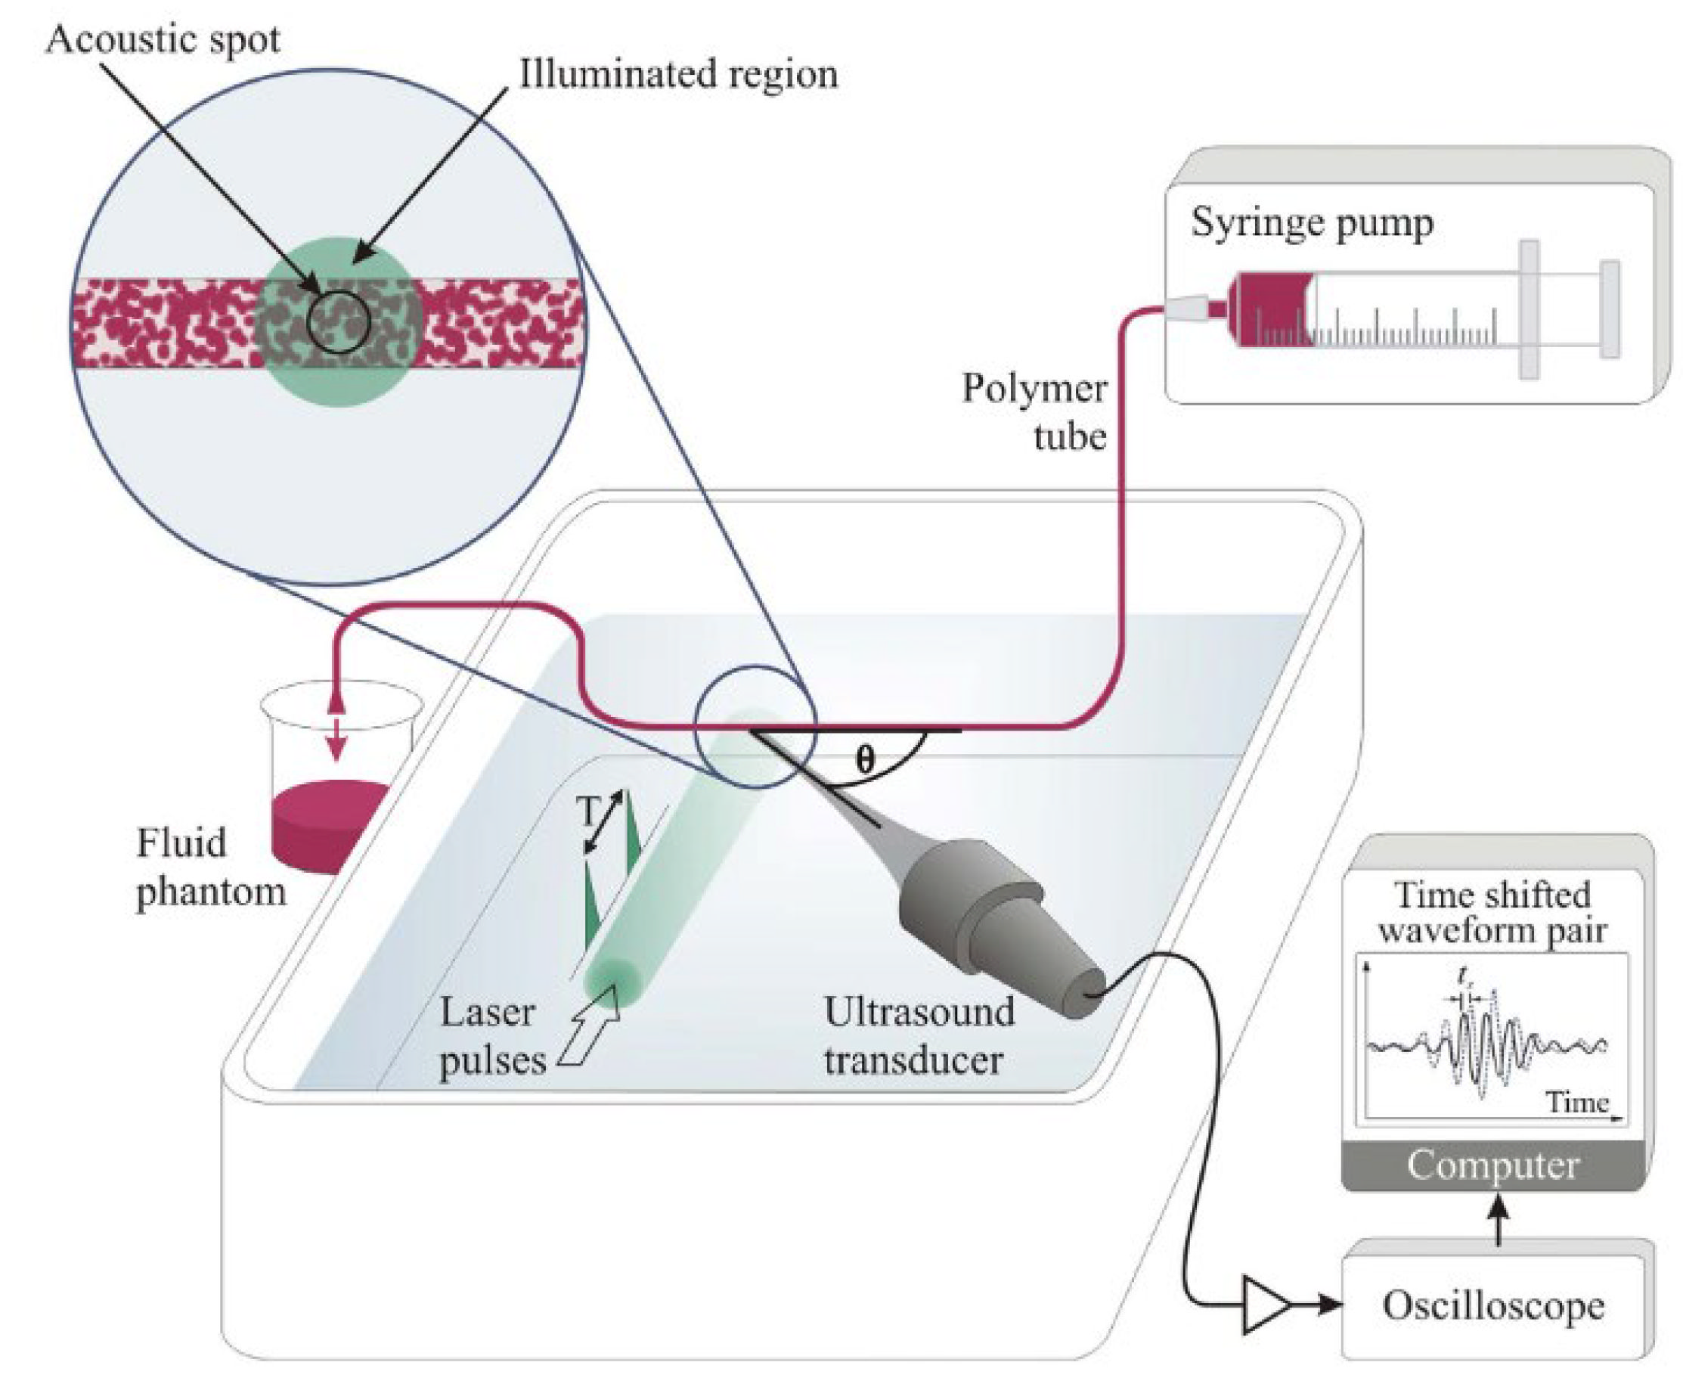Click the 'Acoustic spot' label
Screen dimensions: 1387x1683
(x=163, y=39)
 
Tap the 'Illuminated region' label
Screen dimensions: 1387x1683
(x=678, y=75)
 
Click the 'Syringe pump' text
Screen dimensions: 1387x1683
(x=1312, y=223)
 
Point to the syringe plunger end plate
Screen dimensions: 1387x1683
(x=1610, y=309)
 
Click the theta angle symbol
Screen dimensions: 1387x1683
(x=865, y=759)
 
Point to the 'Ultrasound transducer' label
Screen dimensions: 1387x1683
(x=919, y=1037)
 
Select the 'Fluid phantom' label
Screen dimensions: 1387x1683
(x=209, y=867)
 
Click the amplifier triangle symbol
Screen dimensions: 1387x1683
(x=1263, y=1305)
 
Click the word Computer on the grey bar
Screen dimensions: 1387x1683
(x=1492, y=1165)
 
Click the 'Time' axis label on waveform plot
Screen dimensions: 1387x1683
(x=1576, y=1103)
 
